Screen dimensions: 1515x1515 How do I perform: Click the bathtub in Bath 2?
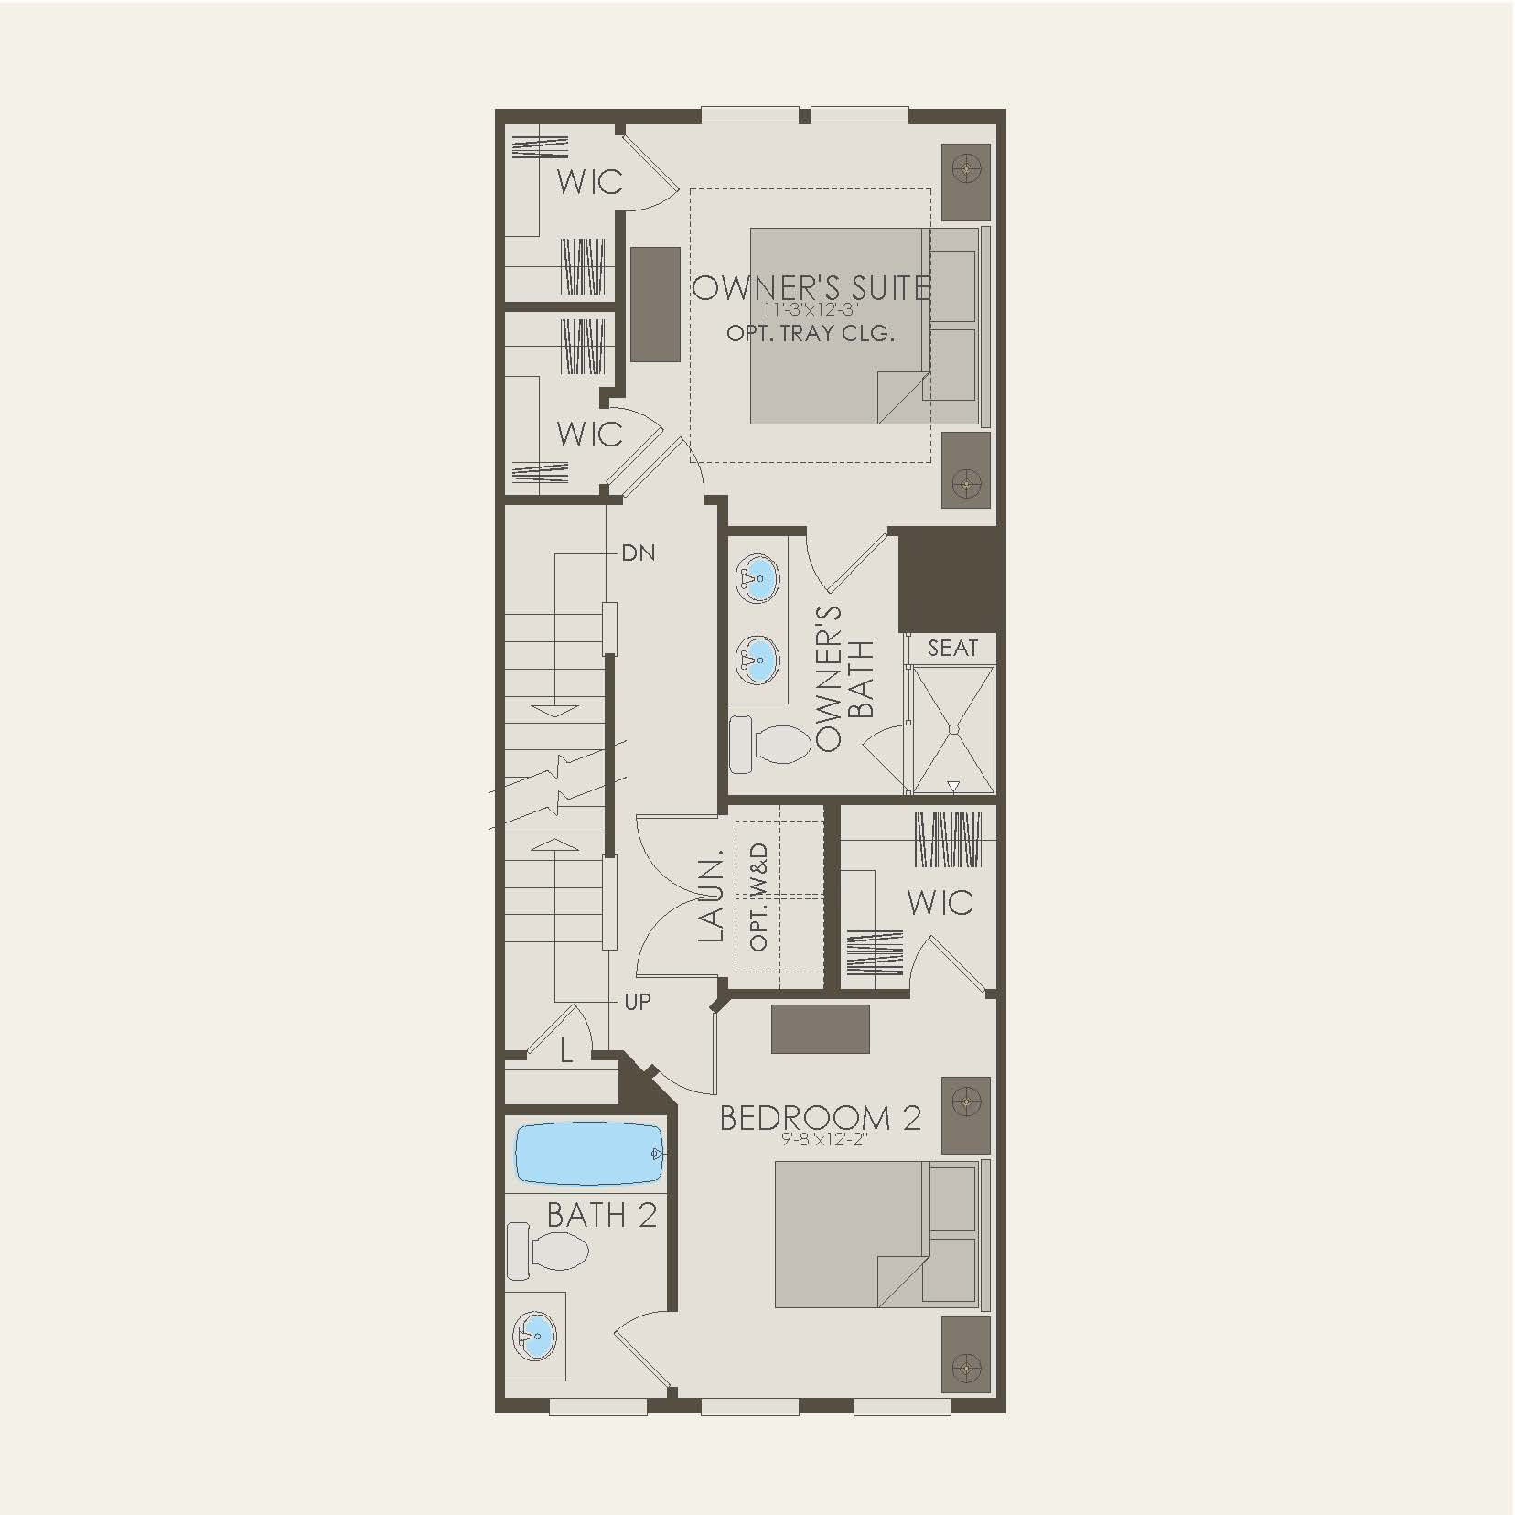(588, 1154)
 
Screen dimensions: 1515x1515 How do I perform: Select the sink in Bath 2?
(535, 1336)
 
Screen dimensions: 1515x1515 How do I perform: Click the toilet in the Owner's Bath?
(775, 741)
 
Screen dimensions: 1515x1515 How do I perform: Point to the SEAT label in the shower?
(952, 649)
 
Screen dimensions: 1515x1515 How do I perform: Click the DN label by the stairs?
(638, 553)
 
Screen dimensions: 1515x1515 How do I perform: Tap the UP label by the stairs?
(638, 1002)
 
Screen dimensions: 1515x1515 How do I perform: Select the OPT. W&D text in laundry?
(758, 897)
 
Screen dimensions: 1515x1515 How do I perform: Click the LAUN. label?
(711, 898)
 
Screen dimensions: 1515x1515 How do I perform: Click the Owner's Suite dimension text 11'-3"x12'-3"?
(811, 309)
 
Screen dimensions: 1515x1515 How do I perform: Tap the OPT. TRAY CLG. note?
(811, 333)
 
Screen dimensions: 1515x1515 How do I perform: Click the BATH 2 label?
(601, 1215)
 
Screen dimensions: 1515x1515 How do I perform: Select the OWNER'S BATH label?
(845, 677)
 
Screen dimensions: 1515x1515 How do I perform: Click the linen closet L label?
(566, 1052)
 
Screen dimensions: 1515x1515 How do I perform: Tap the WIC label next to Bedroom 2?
(940, 902)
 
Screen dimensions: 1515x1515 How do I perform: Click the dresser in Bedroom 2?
(820, 1028)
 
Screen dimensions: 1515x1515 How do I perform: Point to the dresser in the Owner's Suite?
(655, 304)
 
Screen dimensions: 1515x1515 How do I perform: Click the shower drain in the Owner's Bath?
(952, 729)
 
